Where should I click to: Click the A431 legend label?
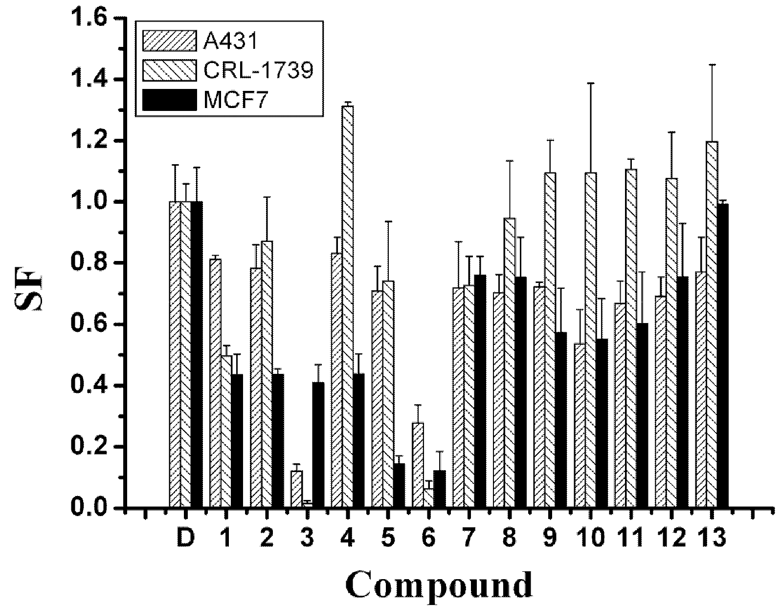click(x=230, y=42)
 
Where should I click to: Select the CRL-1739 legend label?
click(x=258, y=71)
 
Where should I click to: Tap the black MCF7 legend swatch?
click(x=170, y=100)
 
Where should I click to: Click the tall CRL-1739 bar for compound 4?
click(x=348, y=307)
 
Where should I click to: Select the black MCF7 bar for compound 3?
click(x=318, y=445)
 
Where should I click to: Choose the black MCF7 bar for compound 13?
click(x=722, y=356)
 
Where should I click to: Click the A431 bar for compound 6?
click(x=418, y=465)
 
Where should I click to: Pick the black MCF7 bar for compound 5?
click(x=399, y=486)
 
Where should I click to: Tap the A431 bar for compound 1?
click(x=215, y=384)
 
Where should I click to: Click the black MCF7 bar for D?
click(x=197, y=355)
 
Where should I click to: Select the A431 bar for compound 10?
click(x=580, y=426)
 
